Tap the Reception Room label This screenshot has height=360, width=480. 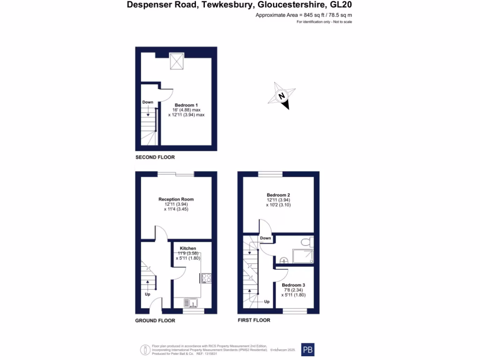176,199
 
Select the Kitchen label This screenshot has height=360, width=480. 188,248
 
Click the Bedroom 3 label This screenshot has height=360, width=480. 293,285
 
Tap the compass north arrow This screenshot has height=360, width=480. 281,96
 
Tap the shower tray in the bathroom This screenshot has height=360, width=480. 303,255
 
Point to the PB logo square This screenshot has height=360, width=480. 307,350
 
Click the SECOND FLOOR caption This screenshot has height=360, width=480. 155,157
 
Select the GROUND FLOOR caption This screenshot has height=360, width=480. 155,321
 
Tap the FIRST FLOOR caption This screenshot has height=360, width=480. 254,321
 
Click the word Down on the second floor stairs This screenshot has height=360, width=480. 148,102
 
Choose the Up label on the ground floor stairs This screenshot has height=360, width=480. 147,294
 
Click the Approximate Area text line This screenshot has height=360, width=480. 303,15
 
